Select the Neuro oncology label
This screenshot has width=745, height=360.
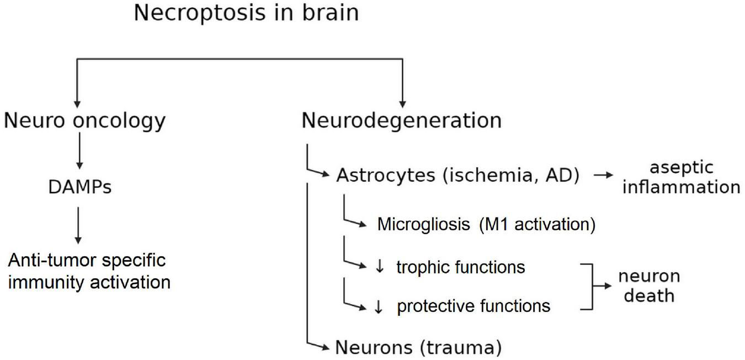click(84, 120)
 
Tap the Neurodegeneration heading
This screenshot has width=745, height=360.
click(402, 120)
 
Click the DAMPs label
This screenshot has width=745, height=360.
click(79, 188)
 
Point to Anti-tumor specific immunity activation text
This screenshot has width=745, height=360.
click(88, 271)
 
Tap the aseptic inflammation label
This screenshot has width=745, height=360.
click(681, 177)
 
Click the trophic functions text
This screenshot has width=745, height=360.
click(460, 267)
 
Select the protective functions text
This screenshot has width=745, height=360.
click(473, 306)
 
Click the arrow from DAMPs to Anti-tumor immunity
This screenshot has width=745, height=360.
click(79, 225)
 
